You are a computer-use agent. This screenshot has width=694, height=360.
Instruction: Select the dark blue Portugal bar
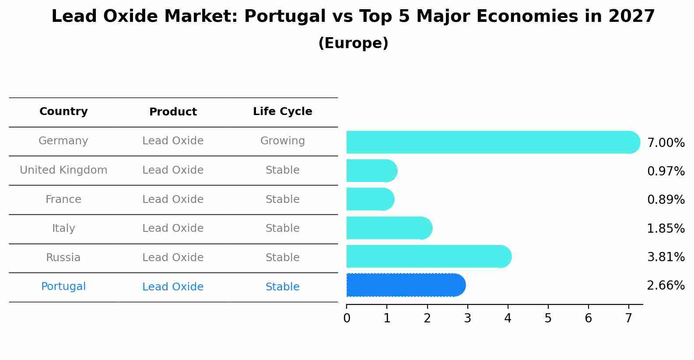pos(405,285)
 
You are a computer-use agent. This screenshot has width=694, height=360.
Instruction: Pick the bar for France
pos(370,199)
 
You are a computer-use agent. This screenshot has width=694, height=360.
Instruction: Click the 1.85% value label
pos(665,228)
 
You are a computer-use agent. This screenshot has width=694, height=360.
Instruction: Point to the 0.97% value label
pos(665,171)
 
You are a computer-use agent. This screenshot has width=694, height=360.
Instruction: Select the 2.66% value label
pos(665,286)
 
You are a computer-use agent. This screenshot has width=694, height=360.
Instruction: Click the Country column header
pos(63,112)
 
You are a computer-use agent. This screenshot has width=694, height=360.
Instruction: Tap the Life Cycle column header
pos(282,112)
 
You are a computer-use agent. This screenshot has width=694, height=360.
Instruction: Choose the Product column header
pos(173,112)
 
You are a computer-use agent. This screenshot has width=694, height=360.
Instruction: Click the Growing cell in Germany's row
pos(282,141)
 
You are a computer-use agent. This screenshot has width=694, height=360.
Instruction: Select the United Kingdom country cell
pos(63,170)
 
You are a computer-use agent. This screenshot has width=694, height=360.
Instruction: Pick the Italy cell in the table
pos(63,228)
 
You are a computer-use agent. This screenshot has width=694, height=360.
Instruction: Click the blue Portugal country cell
pos(63,287)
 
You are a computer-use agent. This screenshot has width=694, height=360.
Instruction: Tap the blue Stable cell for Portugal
pos(282,287)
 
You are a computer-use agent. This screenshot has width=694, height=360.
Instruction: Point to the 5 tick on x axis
pos(548,318)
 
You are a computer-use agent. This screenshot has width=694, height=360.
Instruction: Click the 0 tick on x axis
pos(347,318)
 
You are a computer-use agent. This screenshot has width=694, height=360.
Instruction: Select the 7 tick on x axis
pos(628,318)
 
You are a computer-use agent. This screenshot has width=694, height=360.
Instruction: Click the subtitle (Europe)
pos(353,43)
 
